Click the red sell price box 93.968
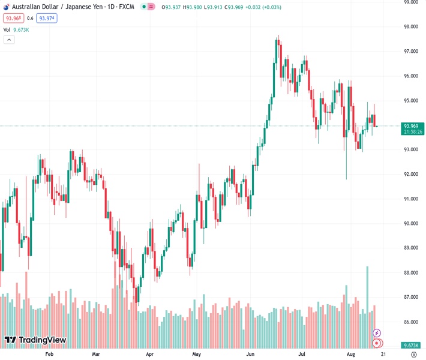coord(12,19)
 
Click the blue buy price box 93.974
coord(47,19)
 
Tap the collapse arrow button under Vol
coord(9,40)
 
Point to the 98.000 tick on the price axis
coord(410,27)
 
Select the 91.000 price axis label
coord(410,199)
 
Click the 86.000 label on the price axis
coord(410,322)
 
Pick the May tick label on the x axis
coord(196,355)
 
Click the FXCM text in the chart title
coord(125,7)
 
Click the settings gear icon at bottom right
coord(413,355)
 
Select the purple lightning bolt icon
coord(377,333)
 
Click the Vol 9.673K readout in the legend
coord(16,29)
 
